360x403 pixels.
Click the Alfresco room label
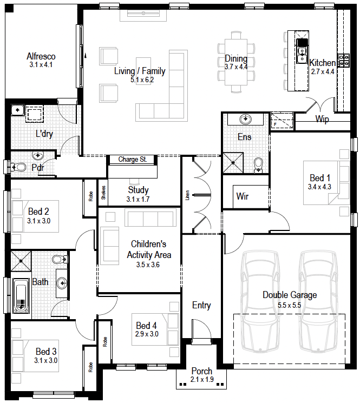(41, 56)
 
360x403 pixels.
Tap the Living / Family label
(140, 71)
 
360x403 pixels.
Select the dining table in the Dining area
(236, 62)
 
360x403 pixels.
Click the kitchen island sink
(302, 55)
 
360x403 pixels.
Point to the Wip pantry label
(322, 119)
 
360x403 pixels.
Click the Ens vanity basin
(245, 119)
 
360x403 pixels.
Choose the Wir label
(242, 196)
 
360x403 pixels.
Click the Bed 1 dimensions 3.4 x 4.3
(319, 187)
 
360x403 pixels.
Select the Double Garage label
(290, 295)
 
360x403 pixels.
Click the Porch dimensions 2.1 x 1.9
(202, 379)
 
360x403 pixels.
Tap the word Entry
(201, 305)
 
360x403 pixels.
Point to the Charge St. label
(133, 160)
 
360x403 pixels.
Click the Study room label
(139, 190)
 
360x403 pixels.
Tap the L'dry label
(44, 134)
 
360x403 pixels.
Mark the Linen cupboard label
(187, 195)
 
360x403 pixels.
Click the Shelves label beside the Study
(103, 193)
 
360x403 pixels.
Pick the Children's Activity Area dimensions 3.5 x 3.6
(148, 265)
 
